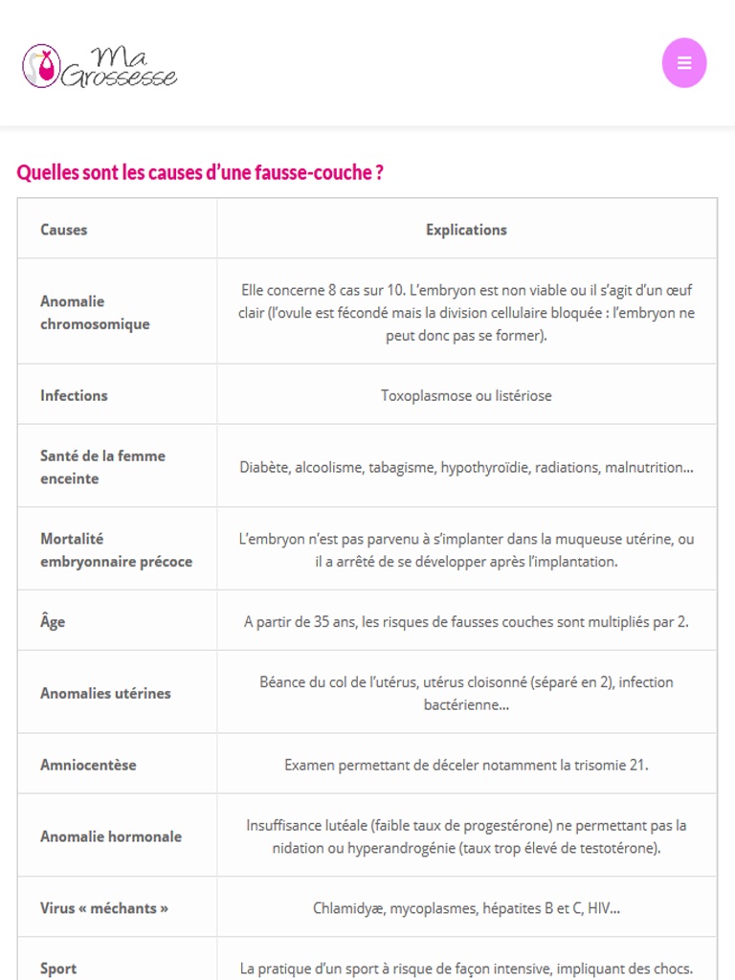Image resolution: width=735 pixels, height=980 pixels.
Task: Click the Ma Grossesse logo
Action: pyautogui.click(x=100, y=65)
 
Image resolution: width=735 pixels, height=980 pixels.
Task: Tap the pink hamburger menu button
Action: pyautogui.click(x=684, y=63)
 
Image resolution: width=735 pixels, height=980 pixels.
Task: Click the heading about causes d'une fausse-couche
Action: pyautogui.click(x=200, y=173)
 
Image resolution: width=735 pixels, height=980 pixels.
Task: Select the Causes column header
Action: pyautogui.click(x=64, y=230)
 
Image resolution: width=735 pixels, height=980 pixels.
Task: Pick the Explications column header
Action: pyautogui.click(x=466, y=230)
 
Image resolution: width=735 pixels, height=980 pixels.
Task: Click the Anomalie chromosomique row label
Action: pyautogui.click(x=95, y=313)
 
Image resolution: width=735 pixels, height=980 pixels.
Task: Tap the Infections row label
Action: pyautogui.click(x=74, y=395)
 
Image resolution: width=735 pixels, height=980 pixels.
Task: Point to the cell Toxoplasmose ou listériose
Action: pyautogui.click(x=466, y=395)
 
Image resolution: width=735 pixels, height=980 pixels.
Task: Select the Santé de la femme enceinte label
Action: pyautogui.click(x=102, y=467)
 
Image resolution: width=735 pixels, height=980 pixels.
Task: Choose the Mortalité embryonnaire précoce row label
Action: pyautogui.click(x=116, y=550)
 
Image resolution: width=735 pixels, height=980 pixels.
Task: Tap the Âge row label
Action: pyautogui.click(x=53, y=622)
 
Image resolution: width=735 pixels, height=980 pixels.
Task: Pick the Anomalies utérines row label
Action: pyautogui.click(x=105, y=693)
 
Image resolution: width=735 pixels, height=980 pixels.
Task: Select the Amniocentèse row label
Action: pyautogui.click(x=88, y=765)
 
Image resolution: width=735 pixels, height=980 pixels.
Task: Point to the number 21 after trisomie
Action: pyautogui.click(x=638, y=765)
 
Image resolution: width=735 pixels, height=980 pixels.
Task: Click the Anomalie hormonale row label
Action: pyautogui.click(x=111, y=836)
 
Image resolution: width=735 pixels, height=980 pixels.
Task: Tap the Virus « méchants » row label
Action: pyautogui.click(x=104, y=908)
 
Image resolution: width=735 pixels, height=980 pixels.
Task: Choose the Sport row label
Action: pyautogui.click(x=58, y=969)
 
